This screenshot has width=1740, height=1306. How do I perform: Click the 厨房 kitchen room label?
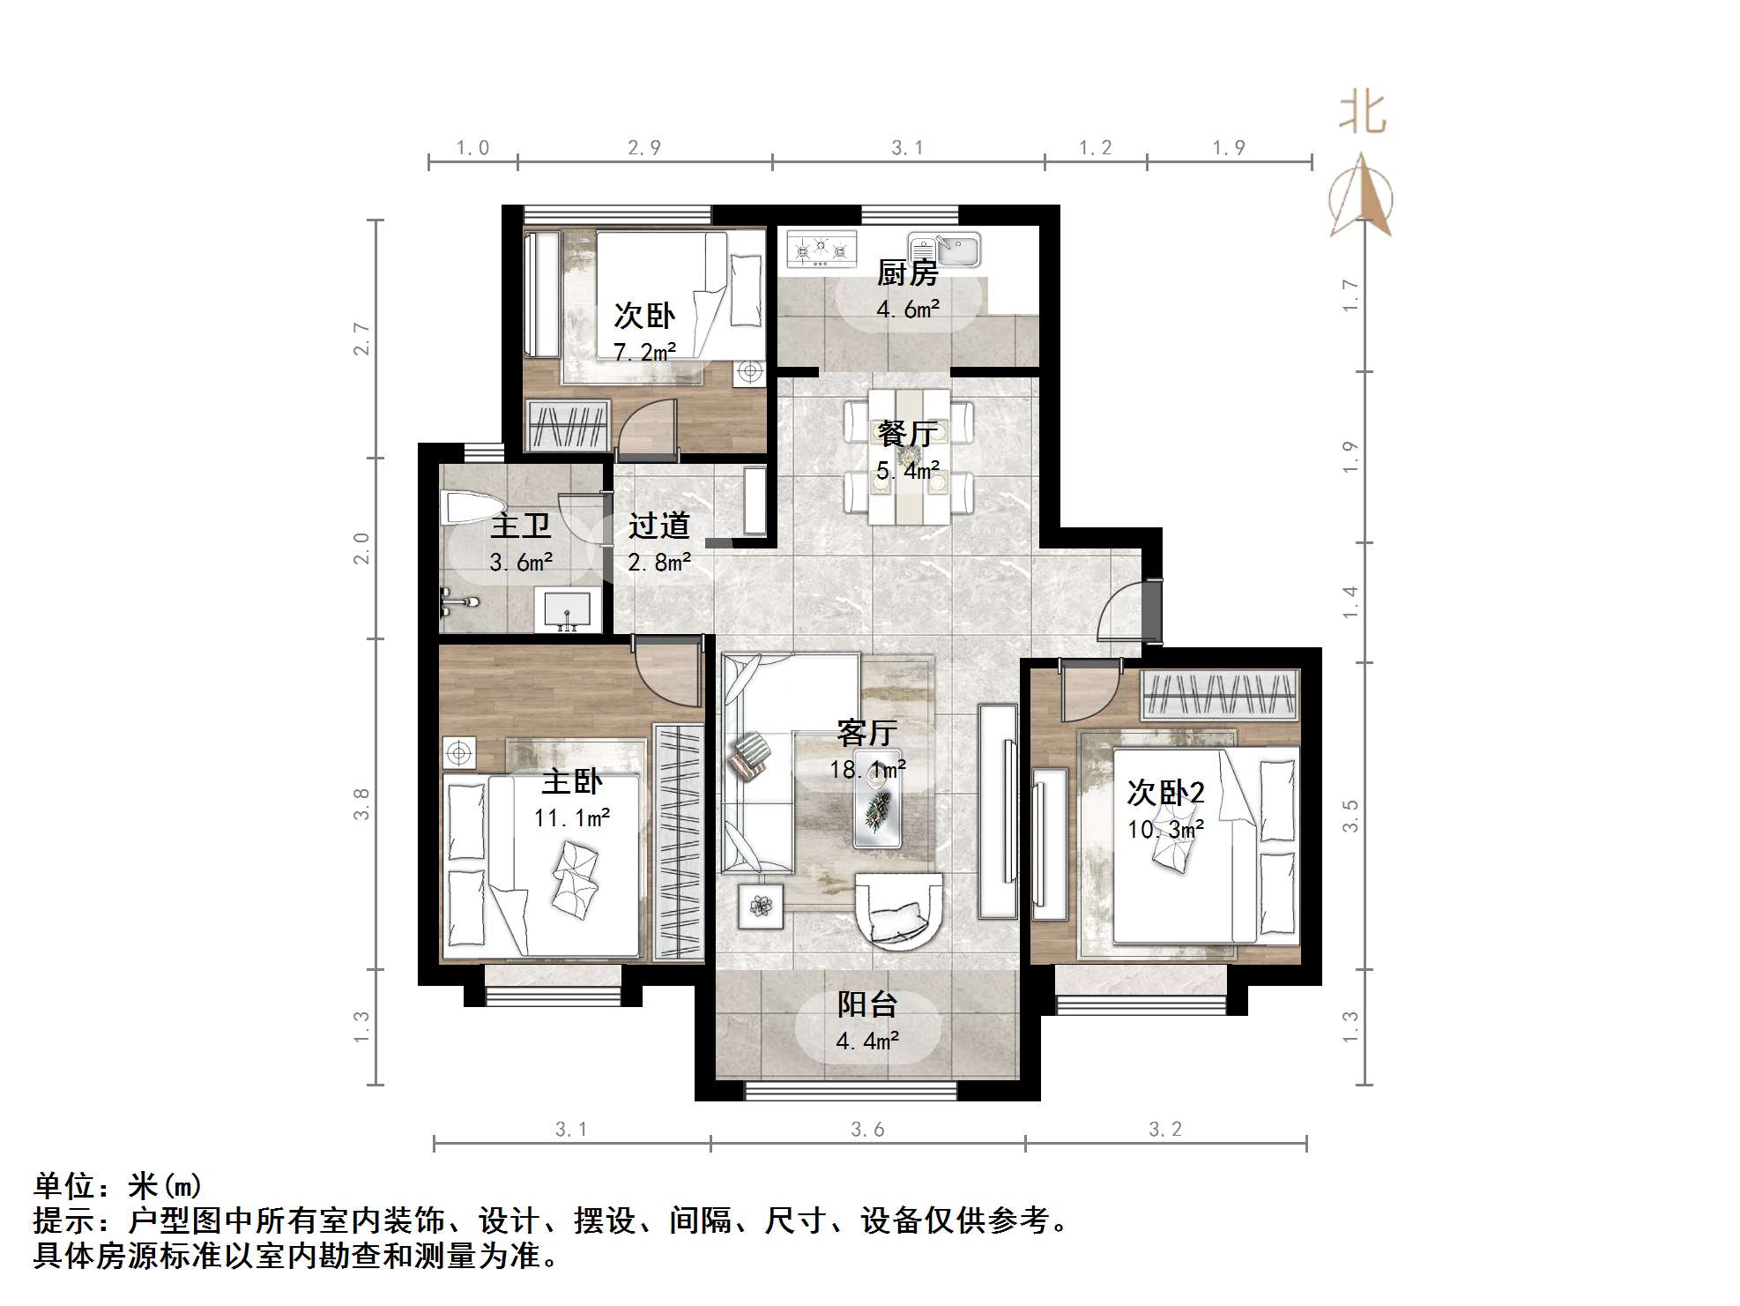click(x=907, y=273)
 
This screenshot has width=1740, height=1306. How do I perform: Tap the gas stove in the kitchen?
click(x=822, y=249)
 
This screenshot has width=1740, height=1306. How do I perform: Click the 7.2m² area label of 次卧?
click(x=644, y=353)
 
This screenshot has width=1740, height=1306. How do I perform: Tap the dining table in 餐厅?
click(x=909, y=457)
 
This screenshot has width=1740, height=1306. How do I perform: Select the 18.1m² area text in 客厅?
click(x=867, y=769)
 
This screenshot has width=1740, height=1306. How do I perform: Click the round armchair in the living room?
click(x=899, y=908)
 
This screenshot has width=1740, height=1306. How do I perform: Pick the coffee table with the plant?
click(x=877, y=811)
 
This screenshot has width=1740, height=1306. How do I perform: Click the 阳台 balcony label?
click(x=866, y=1004)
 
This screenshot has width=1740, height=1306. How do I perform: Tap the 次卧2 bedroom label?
click(x=1165, y=793)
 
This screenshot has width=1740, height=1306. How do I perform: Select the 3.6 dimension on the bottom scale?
click(x=867, y=1130)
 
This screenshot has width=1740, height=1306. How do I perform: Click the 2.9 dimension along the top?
click(x=644, y=148)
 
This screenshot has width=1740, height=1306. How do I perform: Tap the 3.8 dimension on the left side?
click(x=361, y=803)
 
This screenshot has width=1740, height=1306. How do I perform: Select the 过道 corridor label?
click(x=658, y=526)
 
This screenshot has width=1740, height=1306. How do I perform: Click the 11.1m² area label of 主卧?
click(x=572, y=818)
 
